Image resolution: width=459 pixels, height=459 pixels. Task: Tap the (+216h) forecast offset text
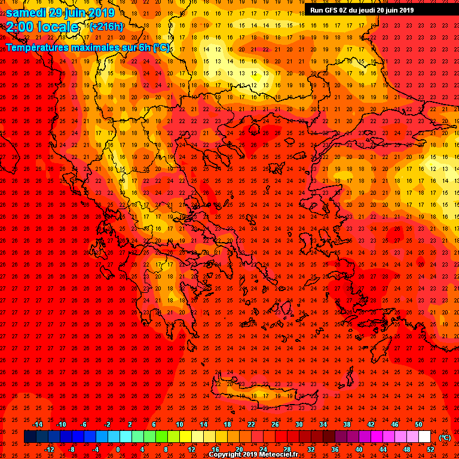[106, 26]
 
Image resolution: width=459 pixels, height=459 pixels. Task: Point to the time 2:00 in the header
[20, 27]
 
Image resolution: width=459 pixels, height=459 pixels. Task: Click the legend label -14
[37, 424]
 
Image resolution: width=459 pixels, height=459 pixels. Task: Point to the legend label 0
[118, 449]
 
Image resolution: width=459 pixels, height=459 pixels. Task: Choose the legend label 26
[275, 424]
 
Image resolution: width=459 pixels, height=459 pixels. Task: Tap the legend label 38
[347, 424]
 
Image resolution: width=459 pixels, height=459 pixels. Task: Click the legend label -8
[71, 449]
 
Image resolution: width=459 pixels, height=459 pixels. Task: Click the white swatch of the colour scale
[424, 437]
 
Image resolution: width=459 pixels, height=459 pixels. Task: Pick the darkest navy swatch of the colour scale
[30, 437]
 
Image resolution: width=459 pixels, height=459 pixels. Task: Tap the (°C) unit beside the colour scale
[445, 437]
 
